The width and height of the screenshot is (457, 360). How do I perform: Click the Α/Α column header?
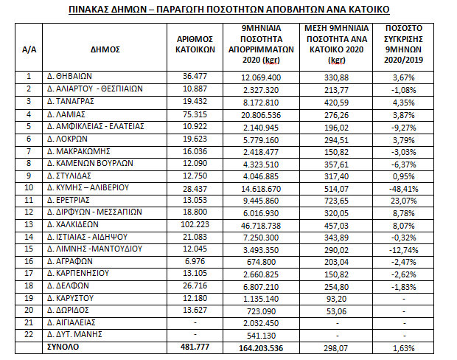27,49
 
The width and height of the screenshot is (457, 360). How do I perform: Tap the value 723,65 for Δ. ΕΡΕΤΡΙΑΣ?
335,199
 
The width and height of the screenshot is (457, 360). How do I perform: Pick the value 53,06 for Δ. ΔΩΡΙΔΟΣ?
335,311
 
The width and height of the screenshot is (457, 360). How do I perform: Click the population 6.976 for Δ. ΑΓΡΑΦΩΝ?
196,261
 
